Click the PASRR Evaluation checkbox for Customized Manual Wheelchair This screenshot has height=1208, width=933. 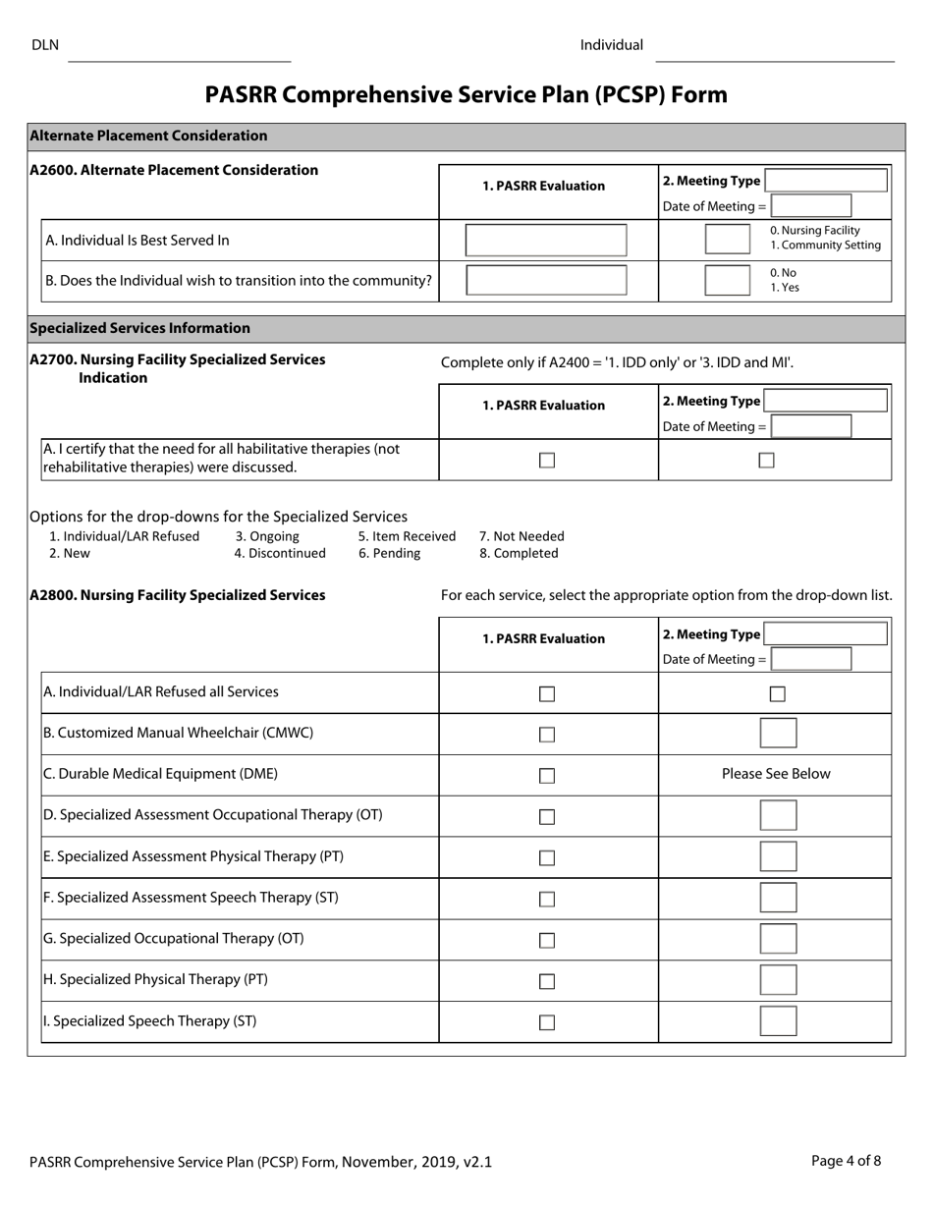(x=547, y=735)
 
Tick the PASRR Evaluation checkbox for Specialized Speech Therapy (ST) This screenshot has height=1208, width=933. (x=547, y=1022)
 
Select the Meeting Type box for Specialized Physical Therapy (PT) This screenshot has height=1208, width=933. (x=778, y=980)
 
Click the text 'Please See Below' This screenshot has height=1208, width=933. (x=776, y=774)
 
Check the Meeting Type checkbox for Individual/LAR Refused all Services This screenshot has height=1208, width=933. (x=777, y=694)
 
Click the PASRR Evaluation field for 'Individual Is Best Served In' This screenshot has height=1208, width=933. (x=546, y=241)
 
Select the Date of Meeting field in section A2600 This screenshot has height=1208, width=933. (x=811, y=206)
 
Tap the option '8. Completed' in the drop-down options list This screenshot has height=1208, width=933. (x=519, y=553)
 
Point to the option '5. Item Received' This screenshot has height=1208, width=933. (x=407, y=536)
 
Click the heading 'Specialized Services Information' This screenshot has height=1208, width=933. (x=140, y=328)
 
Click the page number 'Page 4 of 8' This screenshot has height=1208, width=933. (x=846, y=1161)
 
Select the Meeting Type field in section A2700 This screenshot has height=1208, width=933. (x=826, y=401)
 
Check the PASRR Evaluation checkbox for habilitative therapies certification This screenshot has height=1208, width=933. (x=547, y=461)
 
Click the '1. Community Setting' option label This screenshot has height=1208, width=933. (x=825, y=246)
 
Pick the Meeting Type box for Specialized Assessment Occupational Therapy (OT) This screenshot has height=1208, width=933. (x=778, y=815)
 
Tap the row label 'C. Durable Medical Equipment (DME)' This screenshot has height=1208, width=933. (x=161, y=774)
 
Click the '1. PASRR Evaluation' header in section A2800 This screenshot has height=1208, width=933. (x=543, y=638)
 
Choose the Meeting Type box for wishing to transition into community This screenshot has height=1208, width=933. (x=728, y=281)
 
